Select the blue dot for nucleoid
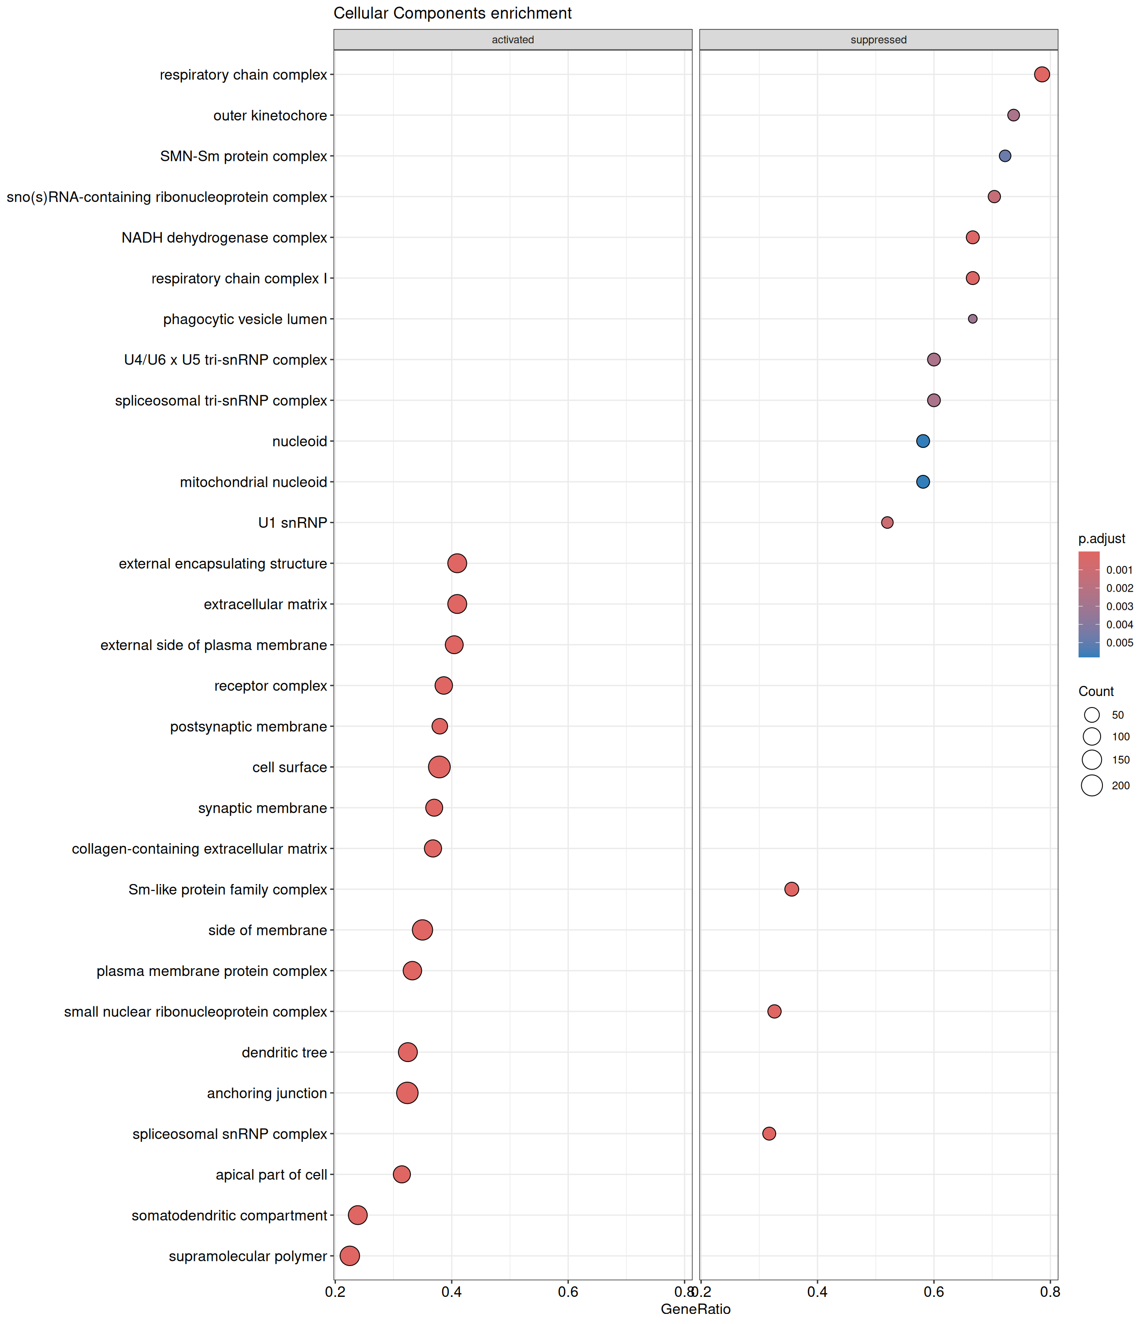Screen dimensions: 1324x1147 click(922, 441)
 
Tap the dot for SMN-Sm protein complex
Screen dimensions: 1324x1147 click(1005, 156)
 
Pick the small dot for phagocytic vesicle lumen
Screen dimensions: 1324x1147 click(972, 319)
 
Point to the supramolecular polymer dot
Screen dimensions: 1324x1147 click(349, 1256)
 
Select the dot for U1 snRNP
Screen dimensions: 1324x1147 click(887, 522)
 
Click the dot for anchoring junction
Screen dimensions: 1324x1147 click(407, 1093)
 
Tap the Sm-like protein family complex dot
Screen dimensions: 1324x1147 click(792, 889)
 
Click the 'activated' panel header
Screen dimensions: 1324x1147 click(513, 40)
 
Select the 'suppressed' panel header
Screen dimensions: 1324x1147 click(878, 40)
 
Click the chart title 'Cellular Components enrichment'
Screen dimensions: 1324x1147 click(453, 13)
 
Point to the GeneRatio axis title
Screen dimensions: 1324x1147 click(696, 1309)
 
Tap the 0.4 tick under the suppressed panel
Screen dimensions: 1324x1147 click(818, 1292)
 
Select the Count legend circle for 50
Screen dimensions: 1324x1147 click(1092, 715)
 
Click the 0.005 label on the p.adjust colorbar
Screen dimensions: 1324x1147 click(1119, 643)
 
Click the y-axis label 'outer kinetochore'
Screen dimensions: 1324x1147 click(270, 115)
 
